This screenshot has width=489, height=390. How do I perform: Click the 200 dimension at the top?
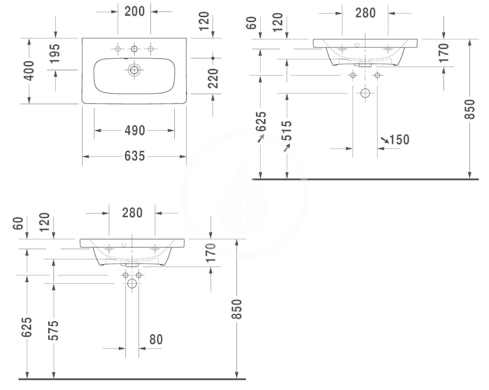pyautogui.click(x=135, y=11)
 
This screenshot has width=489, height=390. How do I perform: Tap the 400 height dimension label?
pyautogui.click(x=29, y=71)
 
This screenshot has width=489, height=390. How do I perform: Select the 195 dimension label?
pyautogui.click(x=55, y=54)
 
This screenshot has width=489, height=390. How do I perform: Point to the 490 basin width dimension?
pyautogui.click(x=135, y=130)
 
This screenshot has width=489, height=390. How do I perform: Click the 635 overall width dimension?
pyautogui.click(x=135, y=156)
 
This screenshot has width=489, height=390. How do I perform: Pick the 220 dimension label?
pyautogui.click(x=213, y=78)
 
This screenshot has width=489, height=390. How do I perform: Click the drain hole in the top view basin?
pyautogui.click(x=134, y=70)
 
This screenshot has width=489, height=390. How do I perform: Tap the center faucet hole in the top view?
pyautogui.click(x=134, y=49)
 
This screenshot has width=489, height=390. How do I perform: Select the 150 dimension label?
pyautogui.click(x=399, y=140)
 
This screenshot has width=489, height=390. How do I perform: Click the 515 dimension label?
pyautogui.click(x=287, y=130)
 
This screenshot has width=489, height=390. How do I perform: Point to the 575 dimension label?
pyautogui.click(x=55, y=330)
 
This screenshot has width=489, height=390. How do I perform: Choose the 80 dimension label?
pyautogui.click(x=156, y=339)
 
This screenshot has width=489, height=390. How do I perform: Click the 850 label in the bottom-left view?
pyautogui.click(x=237, y=309)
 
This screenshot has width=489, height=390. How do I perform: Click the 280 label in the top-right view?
pyautogui.click(x=365, y=13)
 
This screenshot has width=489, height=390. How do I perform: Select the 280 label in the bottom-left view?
pyautogui.click(x=132, y=213)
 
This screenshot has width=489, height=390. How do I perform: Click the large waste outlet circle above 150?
pyautogui.click(x=365, y=93)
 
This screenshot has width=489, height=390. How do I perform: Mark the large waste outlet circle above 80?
pyautogui.click(x=132, y=283)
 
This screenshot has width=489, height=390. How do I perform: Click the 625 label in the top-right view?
pyautogui.click(x=261, y=121)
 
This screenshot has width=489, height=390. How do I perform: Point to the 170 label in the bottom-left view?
pyautogui.click(x=212, y=252)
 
